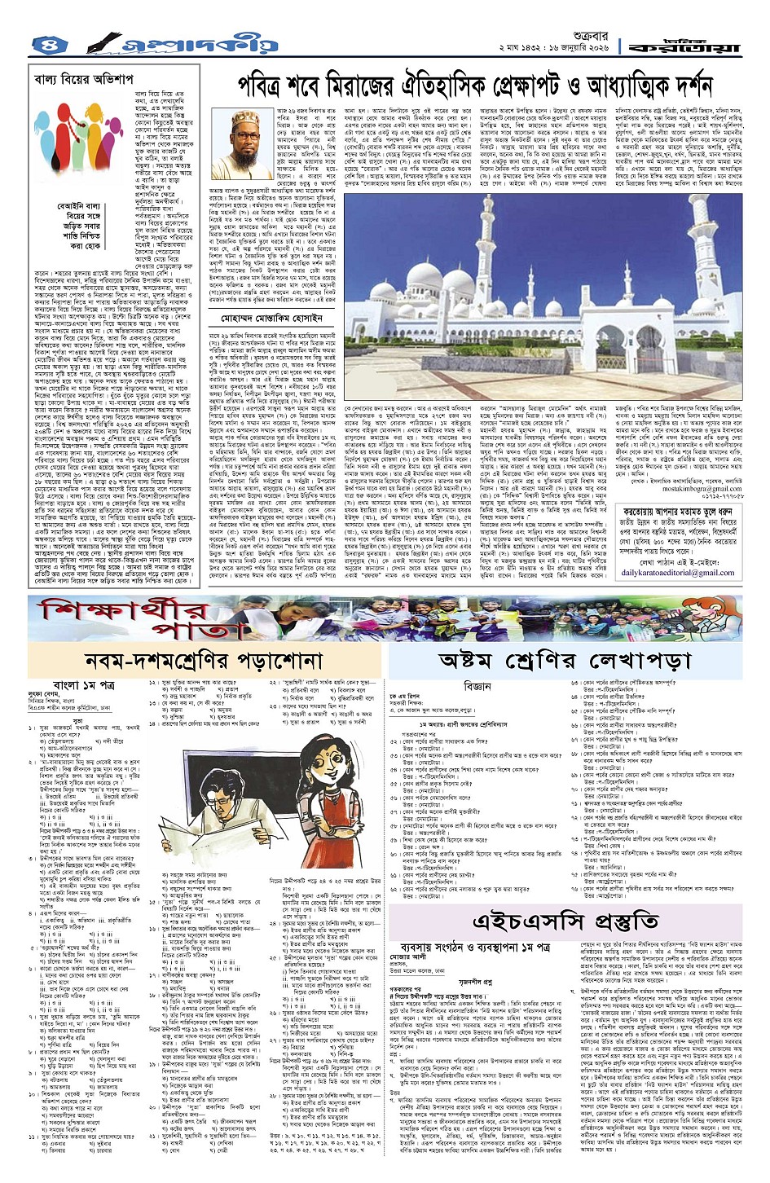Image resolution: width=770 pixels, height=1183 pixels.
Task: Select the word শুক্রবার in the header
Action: [x=573, y=35]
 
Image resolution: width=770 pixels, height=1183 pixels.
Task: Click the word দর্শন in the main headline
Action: [x=682, y=86]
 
